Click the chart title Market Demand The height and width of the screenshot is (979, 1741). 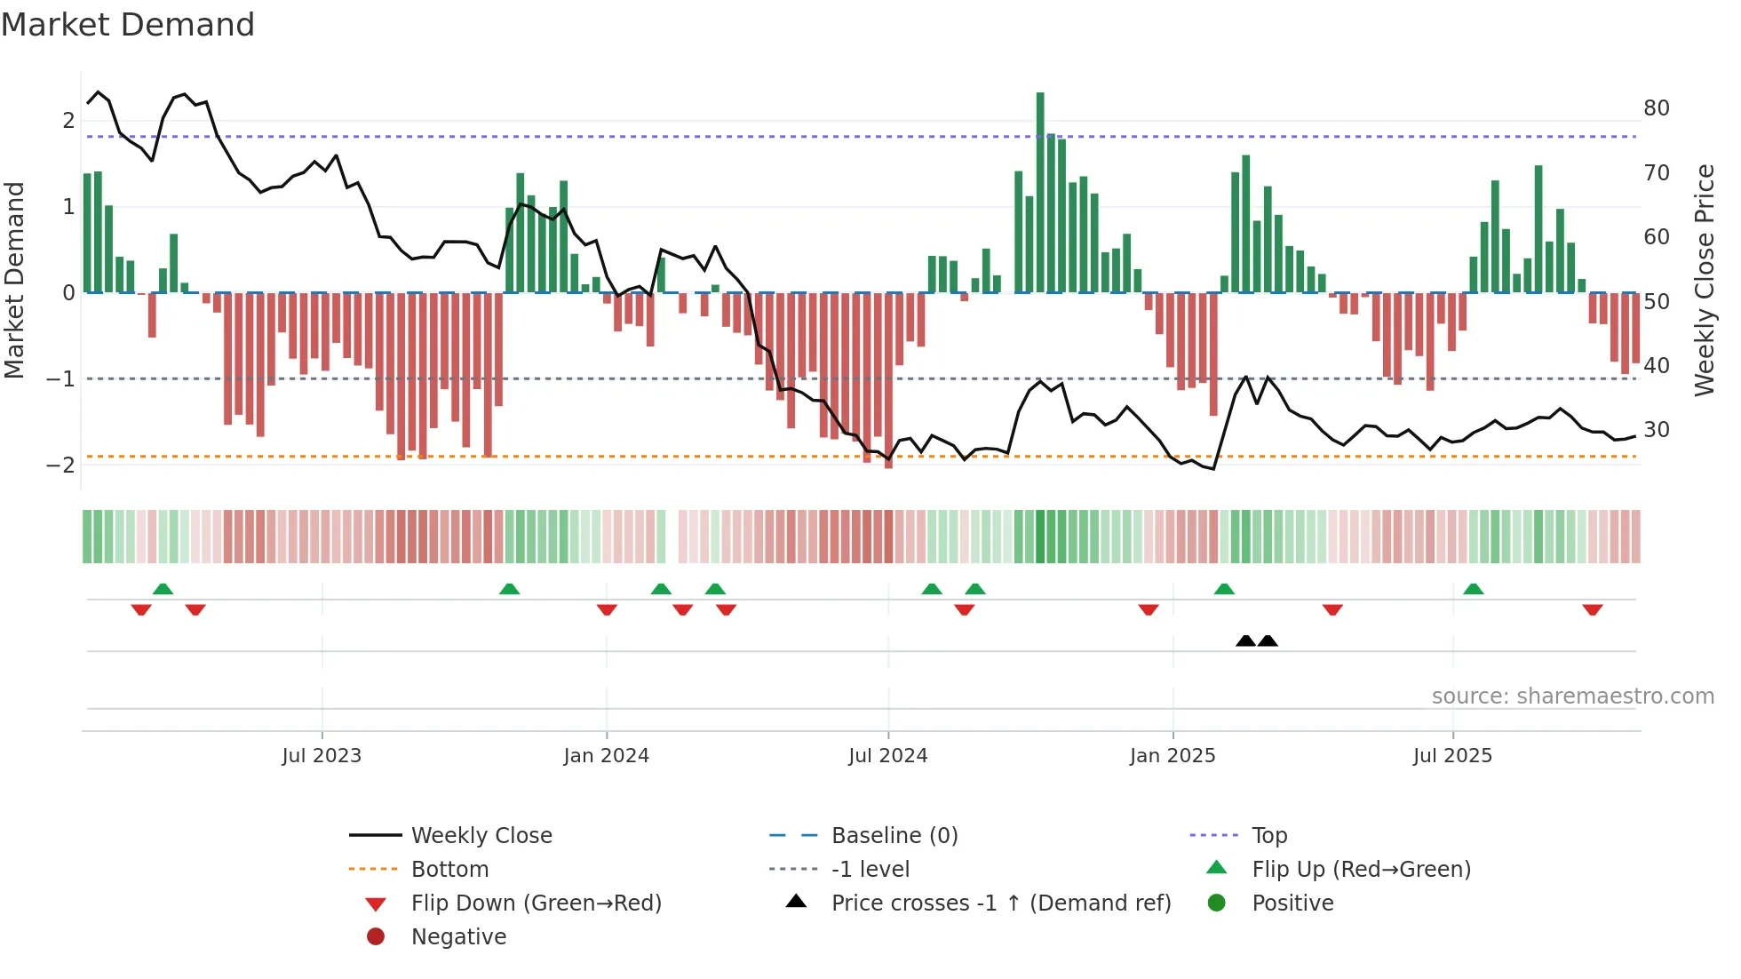click(128, 25)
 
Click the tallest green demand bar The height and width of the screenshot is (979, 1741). click(1040, 192)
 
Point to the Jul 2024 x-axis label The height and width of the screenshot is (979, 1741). click(887, 755)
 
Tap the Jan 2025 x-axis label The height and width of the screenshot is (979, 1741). click(1173, 755)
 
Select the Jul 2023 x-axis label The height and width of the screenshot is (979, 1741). click(322, 755)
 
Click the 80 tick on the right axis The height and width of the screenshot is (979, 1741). click(1656, 108)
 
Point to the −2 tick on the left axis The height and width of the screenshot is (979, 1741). click(60, 465)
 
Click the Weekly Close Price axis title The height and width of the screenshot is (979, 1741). click(1704, 280)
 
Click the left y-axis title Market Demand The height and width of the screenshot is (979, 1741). click(14, 280)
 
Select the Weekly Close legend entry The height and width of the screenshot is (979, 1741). click(481, 835)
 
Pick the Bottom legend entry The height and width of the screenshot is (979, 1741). click(449, 869)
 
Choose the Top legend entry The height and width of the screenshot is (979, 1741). click(1269, 835)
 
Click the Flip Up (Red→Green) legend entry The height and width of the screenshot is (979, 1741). click(1361, 869)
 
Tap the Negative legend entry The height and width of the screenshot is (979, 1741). click(458, 936)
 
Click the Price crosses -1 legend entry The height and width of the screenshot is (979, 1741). click(1000, 903)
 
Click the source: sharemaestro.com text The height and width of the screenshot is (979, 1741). click(1572, 696)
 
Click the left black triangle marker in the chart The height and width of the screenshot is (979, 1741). click(1245, 641)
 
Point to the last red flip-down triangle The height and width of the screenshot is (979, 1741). click(1592, 609)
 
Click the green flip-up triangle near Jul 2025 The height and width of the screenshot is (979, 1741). click(1473, 589)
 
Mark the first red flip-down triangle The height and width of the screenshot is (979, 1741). click(140, 609)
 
